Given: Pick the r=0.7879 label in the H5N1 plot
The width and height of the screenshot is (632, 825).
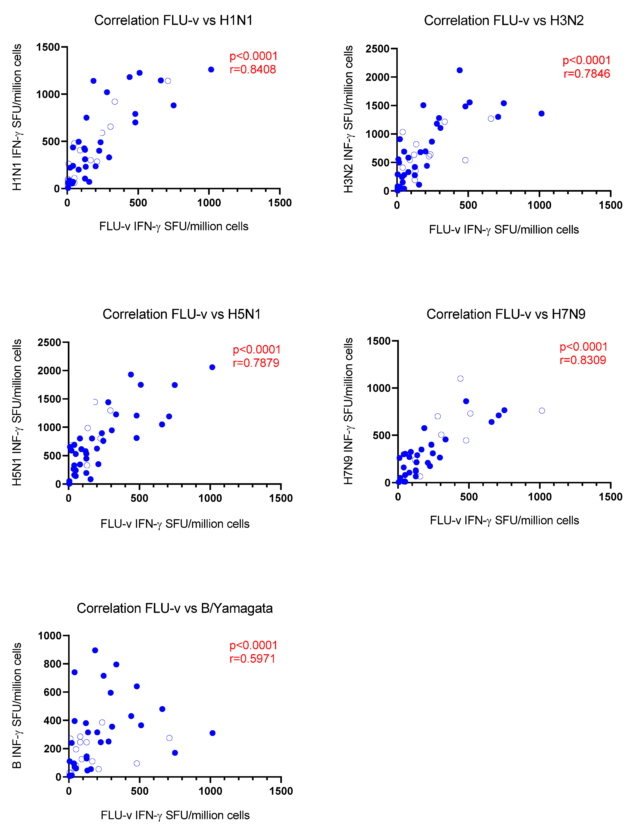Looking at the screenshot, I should pyautogui.click(x=256, y=363).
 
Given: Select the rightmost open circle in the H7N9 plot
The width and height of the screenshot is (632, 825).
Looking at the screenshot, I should pyautogui.click(x=542, y=410).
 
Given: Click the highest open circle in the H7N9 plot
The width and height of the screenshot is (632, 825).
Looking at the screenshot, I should pyautogui.click(x=460, y=378).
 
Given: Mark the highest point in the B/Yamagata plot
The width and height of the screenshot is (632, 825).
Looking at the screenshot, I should pyautogui.click(x=95, y=650).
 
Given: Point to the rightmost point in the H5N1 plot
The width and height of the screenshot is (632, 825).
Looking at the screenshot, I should pyautogui.click(x=212, y=367).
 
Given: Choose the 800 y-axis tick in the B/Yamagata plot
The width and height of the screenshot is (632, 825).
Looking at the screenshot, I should pyautogui.click(x=52, y=664).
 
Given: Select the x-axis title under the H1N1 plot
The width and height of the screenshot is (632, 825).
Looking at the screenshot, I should pyautogui.click(x=174, y=226).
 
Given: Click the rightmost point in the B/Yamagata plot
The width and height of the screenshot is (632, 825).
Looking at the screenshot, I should pyautogui.click(x=212, y=733).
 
